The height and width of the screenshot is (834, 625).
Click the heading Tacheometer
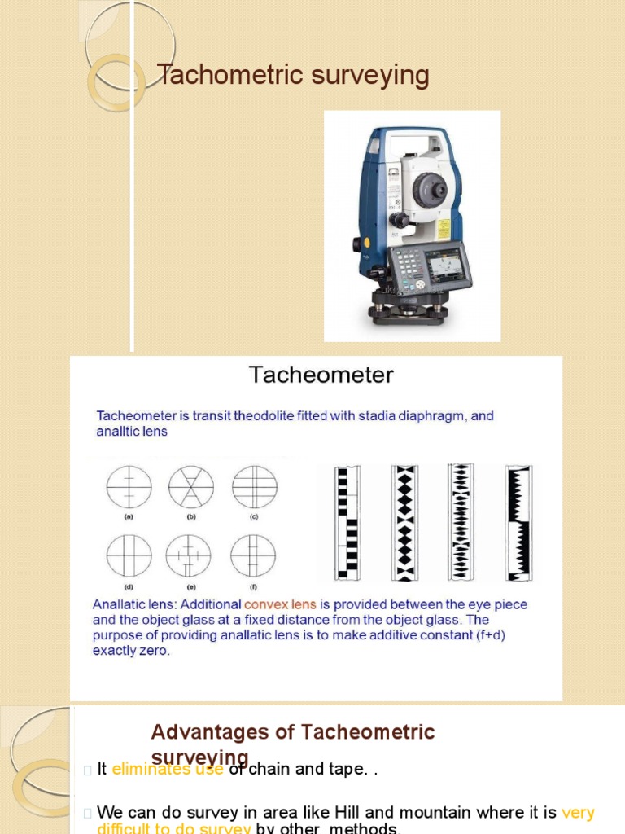coord(321,375)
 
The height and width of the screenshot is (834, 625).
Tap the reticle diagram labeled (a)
coord(129,488)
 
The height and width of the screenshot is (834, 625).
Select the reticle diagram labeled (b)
coord(191,488)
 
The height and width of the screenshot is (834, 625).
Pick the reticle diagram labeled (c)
coord(254,488)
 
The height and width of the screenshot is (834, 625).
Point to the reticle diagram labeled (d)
coord(129,556)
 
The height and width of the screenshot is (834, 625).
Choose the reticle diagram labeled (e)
coord(189,556)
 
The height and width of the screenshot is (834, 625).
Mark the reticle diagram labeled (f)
coord(252,556)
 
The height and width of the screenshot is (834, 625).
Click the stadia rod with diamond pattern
coord(404,523)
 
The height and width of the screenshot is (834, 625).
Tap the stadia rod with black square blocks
coord(347,523)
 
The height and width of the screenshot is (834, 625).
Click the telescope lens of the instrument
coord(428,191)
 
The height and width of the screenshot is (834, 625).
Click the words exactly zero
coord(131,652)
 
